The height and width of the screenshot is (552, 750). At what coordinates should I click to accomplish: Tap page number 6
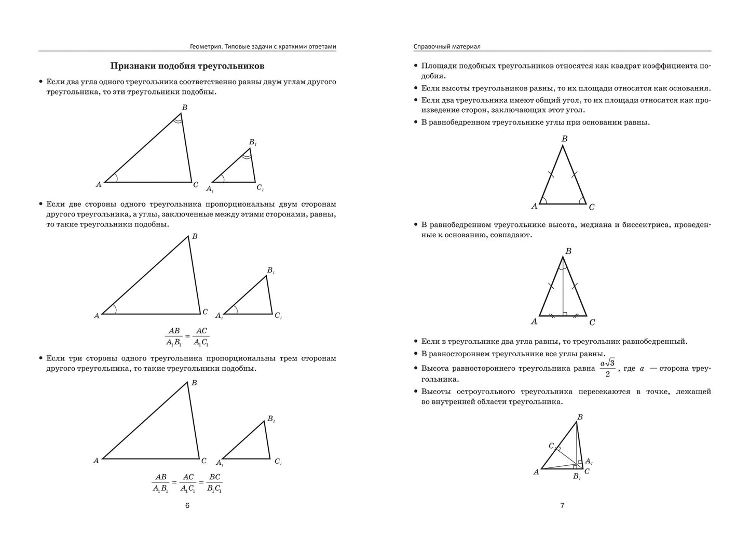point(187,505)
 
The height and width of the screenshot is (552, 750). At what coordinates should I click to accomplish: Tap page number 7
point(562,505)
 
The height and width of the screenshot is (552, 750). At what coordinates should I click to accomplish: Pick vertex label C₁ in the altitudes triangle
point(552,446)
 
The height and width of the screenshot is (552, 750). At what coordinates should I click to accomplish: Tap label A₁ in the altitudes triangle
point(589,461)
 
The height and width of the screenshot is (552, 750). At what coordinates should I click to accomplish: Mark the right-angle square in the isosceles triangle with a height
point(565,314)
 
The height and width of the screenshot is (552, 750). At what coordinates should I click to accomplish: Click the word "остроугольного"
point(519,392)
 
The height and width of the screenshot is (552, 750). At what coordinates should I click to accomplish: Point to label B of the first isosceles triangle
point(565,139)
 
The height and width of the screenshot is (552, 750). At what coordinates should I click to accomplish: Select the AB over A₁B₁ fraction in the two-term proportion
point(173,336)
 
